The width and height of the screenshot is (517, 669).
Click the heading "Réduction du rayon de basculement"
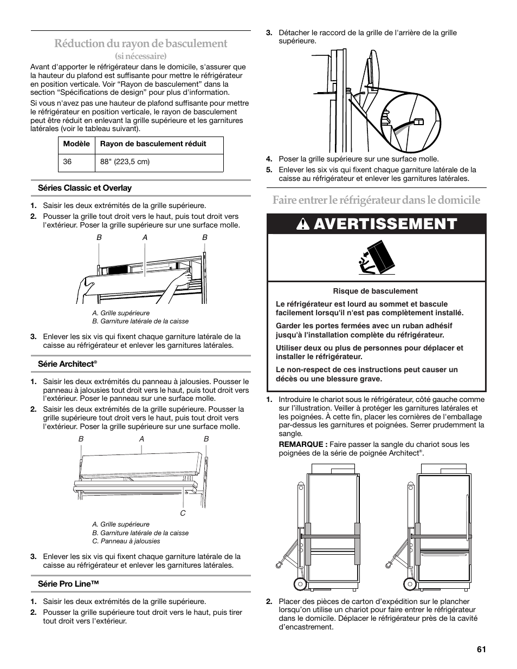click(140, 43)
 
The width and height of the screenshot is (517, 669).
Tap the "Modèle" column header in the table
click(76, 144)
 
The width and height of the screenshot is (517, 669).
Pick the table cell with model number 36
click(68, 162)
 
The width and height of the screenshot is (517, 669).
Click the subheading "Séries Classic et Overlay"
click(85, 188)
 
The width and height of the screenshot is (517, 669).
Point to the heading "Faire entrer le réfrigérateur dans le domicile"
click(376, 200)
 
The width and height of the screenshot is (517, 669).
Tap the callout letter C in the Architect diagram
click(183, 513)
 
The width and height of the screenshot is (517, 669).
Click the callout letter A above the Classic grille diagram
click(145, 237)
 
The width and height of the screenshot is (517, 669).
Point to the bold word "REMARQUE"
click(302, 444)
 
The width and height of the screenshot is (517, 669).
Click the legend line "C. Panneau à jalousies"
click(126, 541)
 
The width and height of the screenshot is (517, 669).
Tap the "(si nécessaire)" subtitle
click(140, 56)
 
